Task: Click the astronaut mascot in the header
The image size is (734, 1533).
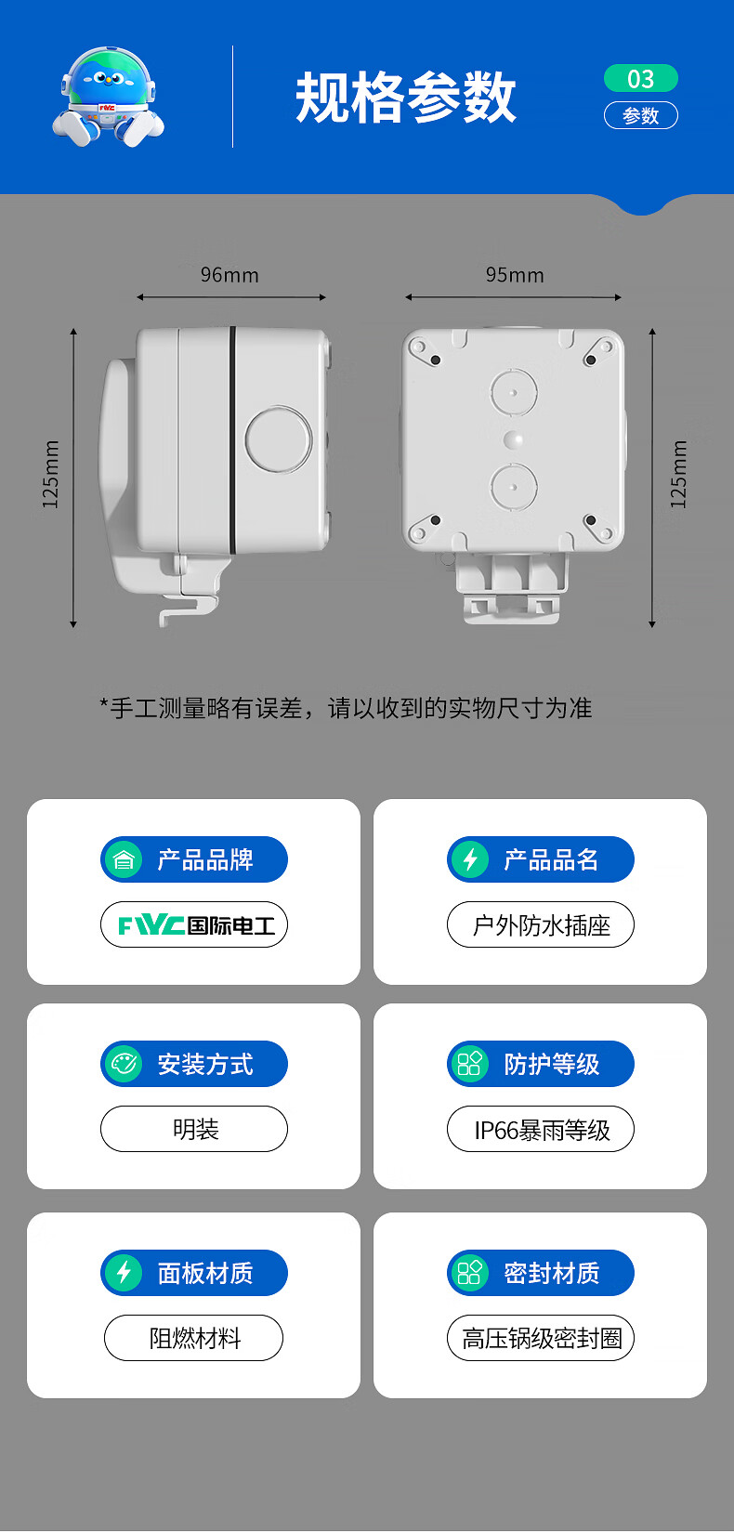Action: click(x=107, y=98)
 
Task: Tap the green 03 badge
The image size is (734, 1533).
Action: click(x=640, y=79)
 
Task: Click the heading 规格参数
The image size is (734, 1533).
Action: click(x=405, y=98)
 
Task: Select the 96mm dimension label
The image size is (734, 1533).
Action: click(x=229, y=275)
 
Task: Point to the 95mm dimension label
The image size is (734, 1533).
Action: click(x=515, y=275)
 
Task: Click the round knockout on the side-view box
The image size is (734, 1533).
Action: click(x=279, y=439)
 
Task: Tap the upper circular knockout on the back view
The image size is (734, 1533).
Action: click(x=514, y=392)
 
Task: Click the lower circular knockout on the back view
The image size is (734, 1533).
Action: click(x=514, y=486)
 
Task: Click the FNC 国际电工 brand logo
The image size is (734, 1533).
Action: click(x=194, y=925)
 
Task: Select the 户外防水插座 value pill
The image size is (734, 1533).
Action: click(x=541, y=925)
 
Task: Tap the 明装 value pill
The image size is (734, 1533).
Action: click(x=194, y=1130)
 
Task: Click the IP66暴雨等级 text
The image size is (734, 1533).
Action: click(x=542, y=1131)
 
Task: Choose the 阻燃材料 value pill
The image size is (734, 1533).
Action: click(x=194, y=1339)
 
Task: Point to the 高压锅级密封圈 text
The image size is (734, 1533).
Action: click(x=542, y=1339)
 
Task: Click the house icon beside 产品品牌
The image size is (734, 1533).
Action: click(x=124, y=859)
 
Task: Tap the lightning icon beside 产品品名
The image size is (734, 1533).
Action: click(x=470, y=859)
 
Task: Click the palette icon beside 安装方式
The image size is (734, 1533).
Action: click(x=124, y=1064)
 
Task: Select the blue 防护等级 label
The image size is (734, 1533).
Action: click(x=551, y=1064)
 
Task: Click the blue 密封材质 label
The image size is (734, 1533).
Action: click(x=551, y=1273)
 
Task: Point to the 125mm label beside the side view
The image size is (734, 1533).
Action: click(x=51, y=474)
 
